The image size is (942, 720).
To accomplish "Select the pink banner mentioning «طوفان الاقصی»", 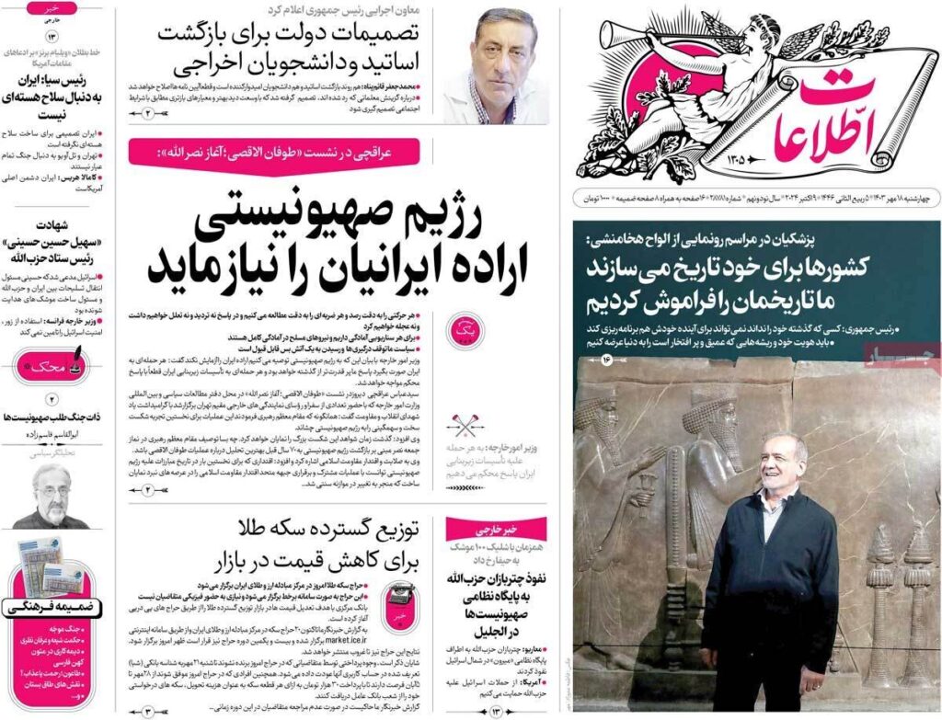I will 274,151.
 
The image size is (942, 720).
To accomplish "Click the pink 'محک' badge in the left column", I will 52,367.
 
